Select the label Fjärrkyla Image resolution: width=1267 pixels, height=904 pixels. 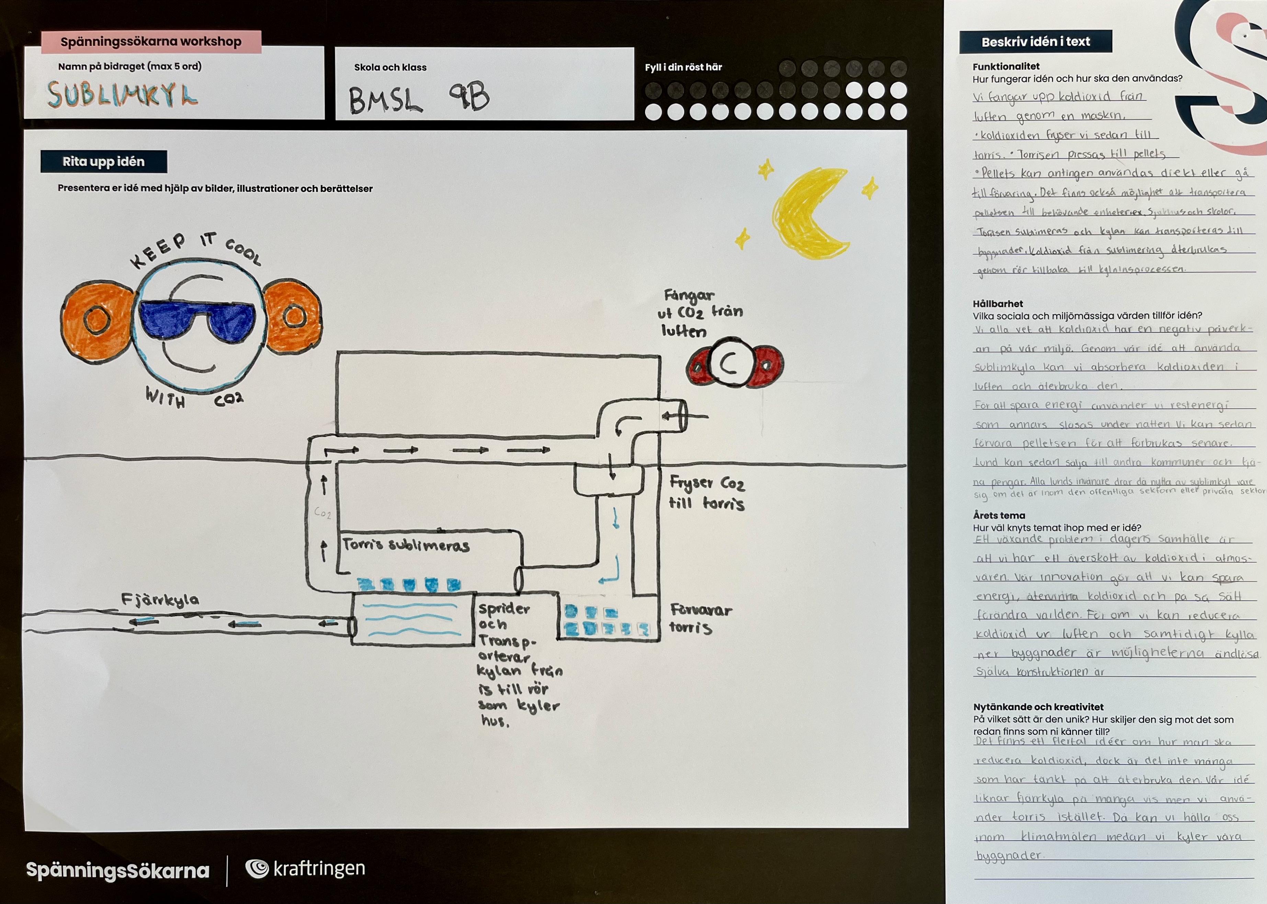click(160, 599)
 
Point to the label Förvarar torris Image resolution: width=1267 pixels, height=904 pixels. click(700, 618)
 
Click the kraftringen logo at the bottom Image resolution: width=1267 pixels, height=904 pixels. click(306, 868)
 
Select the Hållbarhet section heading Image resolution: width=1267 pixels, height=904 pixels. click(998, 304)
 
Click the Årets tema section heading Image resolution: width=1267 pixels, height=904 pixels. click(999, 515)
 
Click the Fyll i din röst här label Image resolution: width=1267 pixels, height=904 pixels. click(683, 67)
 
